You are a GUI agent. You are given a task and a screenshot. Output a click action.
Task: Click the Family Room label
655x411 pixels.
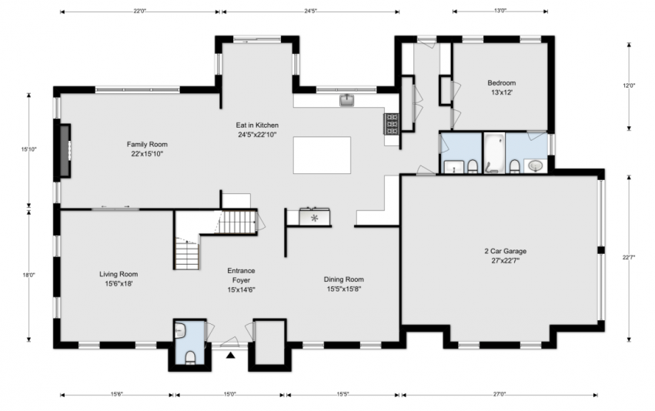[147, 149]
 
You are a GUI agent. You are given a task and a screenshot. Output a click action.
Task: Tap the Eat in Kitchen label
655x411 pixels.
[257, 129]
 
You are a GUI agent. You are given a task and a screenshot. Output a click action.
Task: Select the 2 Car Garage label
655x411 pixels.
[506, 256]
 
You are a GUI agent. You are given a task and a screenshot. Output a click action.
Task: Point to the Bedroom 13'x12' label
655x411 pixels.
[501, 88]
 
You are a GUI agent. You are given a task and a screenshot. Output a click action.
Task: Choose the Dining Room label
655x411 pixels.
[344, 284]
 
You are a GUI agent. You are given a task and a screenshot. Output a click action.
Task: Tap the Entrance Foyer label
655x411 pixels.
[241, 280]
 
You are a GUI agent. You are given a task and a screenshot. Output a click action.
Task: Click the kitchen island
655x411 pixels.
[322, 155]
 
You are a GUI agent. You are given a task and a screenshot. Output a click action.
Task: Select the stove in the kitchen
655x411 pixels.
[392, 124]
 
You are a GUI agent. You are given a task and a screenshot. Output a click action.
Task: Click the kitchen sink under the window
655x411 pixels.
[346, 100]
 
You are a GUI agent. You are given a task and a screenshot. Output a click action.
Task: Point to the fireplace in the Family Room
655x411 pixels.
[64, 150]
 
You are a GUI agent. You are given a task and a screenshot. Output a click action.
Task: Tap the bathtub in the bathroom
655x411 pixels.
[494, 152]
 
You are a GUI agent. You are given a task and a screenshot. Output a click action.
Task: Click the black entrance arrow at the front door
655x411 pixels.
[231, 356]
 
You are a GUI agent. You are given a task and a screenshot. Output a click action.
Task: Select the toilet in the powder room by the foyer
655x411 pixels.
[190, 358]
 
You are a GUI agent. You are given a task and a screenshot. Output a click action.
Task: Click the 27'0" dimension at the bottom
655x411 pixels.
[500, 394]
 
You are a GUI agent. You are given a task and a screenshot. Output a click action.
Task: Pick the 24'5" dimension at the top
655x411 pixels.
[310, 12]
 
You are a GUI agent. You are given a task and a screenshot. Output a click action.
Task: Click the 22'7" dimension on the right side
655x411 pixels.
[629, 257]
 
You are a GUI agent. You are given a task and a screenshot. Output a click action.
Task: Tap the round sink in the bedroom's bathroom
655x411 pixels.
[535, 166]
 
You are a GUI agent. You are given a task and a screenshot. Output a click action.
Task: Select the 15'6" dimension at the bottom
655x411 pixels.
[117, 394]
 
